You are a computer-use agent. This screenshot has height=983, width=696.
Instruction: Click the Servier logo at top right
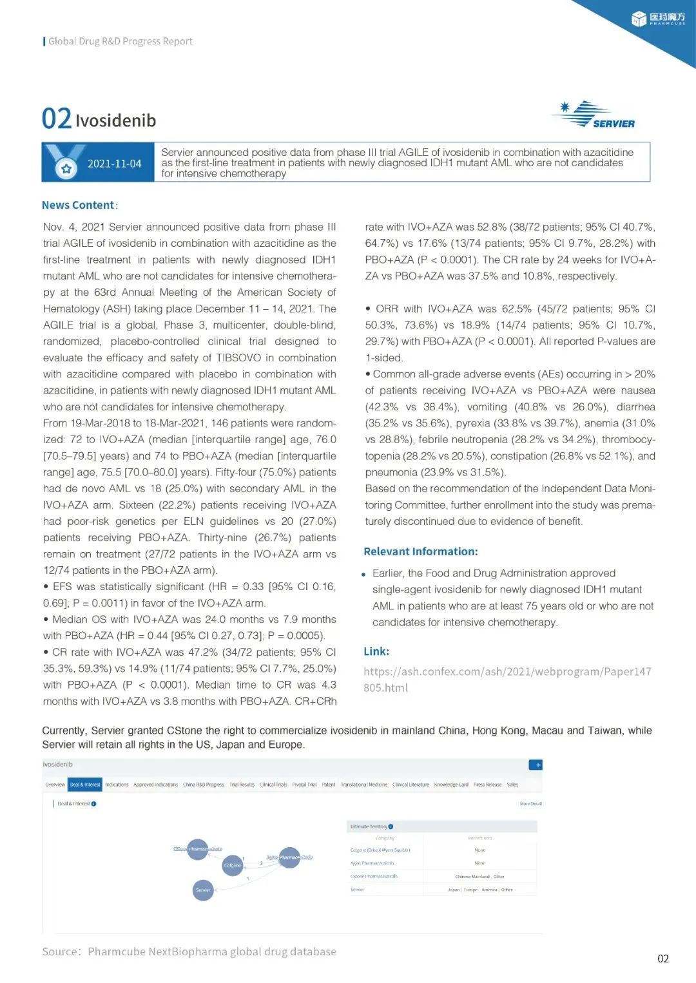coord(594,115)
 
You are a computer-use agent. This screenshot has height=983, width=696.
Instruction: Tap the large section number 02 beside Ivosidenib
coord(56,119)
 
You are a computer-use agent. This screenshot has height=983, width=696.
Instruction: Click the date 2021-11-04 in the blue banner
coord(114,164)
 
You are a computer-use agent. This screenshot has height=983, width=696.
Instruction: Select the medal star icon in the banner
coord(65,169)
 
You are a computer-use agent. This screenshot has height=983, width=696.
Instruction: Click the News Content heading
coord(79,205)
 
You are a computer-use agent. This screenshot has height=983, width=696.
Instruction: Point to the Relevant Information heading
coord(420,551)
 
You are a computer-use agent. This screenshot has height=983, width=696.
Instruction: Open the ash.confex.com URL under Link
coord(507,679)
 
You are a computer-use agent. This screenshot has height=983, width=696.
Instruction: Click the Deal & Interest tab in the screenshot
coord(85,785)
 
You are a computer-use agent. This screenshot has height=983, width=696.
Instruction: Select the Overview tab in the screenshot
coord(55,785)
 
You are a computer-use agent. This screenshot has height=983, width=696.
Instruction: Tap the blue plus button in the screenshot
coord(536,765)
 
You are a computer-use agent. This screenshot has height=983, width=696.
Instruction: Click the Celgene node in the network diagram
coord(233,865)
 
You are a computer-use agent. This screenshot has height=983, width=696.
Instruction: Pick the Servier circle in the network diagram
coord(203,890)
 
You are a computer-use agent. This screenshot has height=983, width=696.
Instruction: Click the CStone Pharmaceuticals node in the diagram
coord(198,849)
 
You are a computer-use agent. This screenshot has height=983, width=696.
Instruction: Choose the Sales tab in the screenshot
coord(512,785)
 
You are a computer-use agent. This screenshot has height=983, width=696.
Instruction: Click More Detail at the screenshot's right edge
coord(530,804)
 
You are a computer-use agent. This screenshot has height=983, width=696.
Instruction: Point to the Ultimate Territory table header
coord(371,826)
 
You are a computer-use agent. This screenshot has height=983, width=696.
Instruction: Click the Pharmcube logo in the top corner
coord(658,19)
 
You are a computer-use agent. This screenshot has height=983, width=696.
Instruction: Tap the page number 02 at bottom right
coord(663,959)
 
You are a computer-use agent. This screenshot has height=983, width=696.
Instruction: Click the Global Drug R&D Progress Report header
coord(120,41)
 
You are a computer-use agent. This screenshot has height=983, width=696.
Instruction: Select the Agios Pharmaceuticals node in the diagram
coord(289,857)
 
